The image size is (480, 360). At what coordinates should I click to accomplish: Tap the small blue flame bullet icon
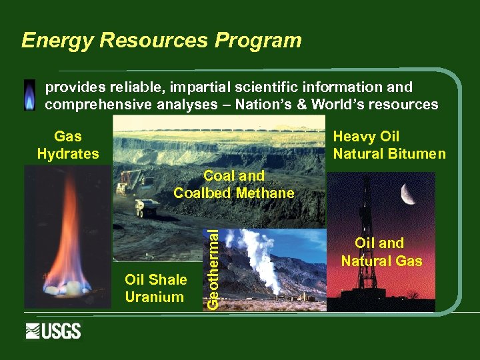pyautogui.click(x=29, y=95)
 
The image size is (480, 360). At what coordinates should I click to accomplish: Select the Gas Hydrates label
pyautogui.click(x=68, y=145)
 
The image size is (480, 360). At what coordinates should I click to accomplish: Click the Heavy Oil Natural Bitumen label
pyautogui.click(x=389, y=145)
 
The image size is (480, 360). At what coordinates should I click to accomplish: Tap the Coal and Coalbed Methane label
pyautogui.click(x=233, y=185)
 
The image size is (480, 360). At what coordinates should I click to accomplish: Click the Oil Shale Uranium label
pyautogui.click(x=155, y=288)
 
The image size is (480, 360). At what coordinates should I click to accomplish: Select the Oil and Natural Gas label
pyautogui.click(x=381, y=252)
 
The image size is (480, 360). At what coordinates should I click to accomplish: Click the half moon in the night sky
pyautogui.click(x=410, y=194)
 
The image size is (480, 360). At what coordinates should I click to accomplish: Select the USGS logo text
pyautogui.click(x=63, y=331)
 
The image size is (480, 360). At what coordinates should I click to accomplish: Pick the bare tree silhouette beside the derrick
pyautogui.click(x=413, y=295)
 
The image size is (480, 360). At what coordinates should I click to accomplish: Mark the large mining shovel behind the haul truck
pyautogui.click(x=131, y=183)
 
